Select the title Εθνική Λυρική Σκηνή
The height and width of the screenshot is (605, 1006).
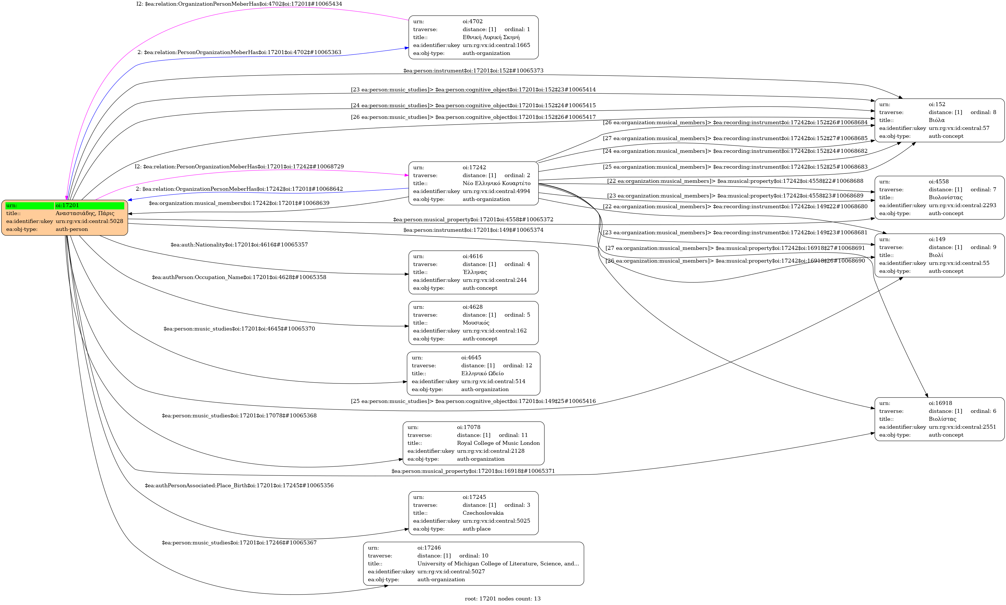pyautogui.click(x=491, y=37)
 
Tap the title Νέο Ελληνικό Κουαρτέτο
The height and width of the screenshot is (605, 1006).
pyautogui.click(x=496, y=183)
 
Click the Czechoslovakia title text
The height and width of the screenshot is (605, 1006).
pyautogui.click(x=483, y=513)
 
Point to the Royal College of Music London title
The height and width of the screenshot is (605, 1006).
pyautogui.click(x=498, y=443)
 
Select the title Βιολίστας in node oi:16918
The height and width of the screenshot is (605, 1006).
pyautogui.click(x=942, y=419)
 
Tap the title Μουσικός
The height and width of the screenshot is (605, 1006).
pyautogui.click(x=476, y=323)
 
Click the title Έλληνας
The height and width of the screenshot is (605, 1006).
pyautogui.click(x=475, y=272)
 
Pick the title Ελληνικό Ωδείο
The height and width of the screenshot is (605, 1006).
pyautogui.click(x=482, y=374)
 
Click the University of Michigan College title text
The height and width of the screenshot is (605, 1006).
pyautogui.click(x=498, y=563)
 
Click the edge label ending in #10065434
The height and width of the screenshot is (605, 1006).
pyautogui.click(x=239, y=4)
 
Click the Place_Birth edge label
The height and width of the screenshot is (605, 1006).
pyautogui.click(x=239, y=486)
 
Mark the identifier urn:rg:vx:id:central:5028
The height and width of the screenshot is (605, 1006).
pyautogui.click(x=89, y=221)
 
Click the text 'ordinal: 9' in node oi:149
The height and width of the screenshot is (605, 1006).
pyautogui.click(x=983, y=248)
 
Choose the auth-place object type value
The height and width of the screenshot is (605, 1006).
pyautogui.click(x=476, y=529)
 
